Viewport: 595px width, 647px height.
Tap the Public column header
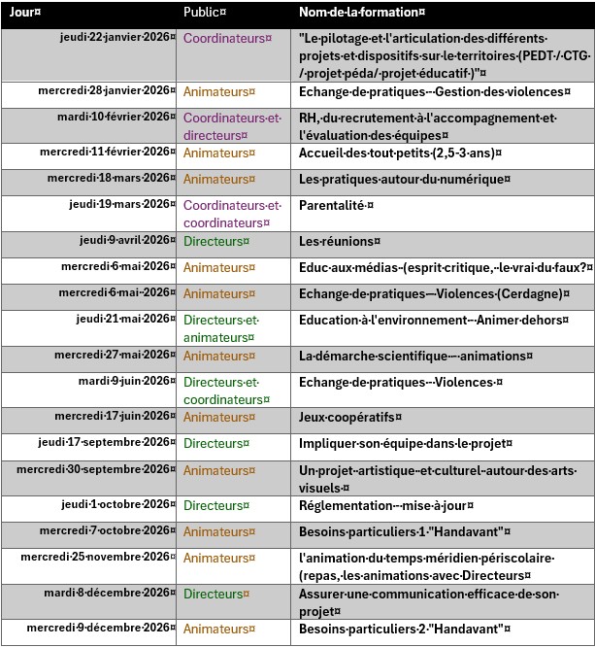point(204,13)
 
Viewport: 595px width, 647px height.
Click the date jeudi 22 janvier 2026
point(115,37)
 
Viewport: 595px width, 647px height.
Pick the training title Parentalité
point(336,205)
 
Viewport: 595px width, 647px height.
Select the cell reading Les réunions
point(339,241)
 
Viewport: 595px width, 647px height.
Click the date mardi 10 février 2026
point(114,117)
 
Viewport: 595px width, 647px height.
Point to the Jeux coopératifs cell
point(349,417)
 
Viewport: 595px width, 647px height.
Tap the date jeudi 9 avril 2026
point(124,240)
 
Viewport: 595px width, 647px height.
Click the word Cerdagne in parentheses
point(527,293)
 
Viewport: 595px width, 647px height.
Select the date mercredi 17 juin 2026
point(112,416)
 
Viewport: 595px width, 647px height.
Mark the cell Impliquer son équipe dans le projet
point(405,443)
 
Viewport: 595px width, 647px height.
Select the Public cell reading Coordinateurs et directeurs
point(231,126)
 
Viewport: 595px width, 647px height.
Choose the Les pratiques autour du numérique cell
point(402,179)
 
